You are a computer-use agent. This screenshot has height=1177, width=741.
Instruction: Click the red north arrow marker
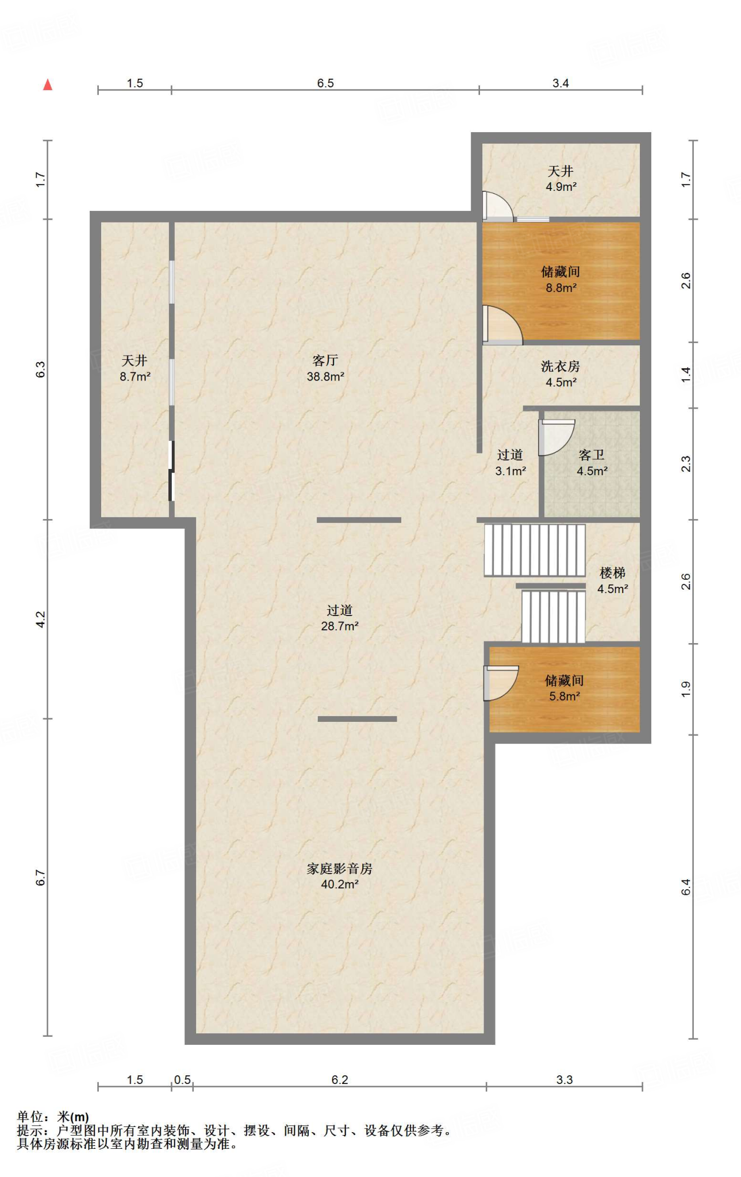[x=48, y=84]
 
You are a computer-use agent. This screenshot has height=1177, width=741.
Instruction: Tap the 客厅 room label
[x=325, y=360]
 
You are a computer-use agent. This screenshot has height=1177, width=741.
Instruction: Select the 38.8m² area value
[x=325, y=376]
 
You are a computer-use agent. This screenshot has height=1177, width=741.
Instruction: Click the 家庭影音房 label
[x=340, y=868]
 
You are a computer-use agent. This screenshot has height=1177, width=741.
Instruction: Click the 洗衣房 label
[x=560, y=366]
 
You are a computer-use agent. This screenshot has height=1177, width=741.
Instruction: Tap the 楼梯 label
[x=612, y=572]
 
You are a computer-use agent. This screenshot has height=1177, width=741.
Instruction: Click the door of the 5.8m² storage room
[x=501, y=683]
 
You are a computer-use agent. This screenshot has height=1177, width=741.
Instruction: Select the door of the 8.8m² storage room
[x=502, y=325]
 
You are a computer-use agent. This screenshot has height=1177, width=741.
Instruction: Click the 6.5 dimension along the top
[x=325, y=83]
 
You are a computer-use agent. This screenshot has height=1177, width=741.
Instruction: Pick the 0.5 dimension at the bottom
[x=182, y=1080]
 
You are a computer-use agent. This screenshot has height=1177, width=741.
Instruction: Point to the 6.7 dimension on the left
[x=40, y=878]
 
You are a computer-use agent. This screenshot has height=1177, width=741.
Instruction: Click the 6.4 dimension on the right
[x=686, y=887]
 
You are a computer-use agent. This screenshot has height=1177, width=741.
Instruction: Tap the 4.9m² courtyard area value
[x=561, y=187]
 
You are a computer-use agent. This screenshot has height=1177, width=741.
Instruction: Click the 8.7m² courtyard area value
[x=135, y=376]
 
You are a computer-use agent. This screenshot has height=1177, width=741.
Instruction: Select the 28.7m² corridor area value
[x=340, y=626]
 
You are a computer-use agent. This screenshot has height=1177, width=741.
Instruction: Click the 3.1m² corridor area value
[x=510, y=471]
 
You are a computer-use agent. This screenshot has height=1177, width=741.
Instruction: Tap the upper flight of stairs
[x=535, y=550]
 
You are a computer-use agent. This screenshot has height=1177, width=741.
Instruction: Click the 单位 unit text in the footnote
[x=30, y=1117]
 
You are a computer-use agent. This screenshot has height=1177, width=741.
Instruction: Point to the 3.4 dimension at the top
[x=560, y=83]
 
